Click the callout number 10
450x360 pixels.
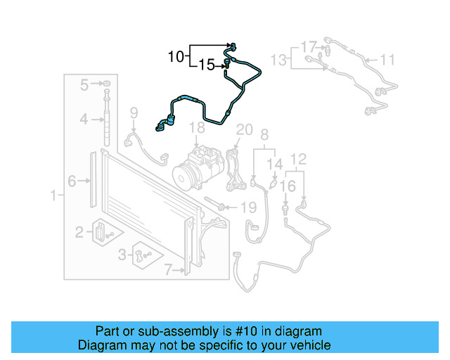point(176,56)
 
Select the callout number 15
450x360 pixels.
point(207,66)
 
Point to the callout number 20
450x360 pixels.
point(244,129)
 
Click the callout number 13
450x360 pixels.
point(280,60)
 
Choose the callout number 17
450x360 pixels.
point(309,47)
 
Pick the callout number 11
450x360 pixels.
point(388,60)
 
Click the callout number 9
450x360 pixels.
point(134,112)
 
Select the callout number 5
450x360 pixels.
point(84,85)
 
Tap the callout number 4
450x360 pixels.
point(84,120)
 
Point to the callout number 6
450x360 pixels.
point(72,181)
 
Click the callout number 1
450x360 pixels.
point(53,194)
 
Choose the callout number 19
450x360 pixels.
point(248,207)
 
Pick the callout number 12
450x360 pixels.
point(299,159)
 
